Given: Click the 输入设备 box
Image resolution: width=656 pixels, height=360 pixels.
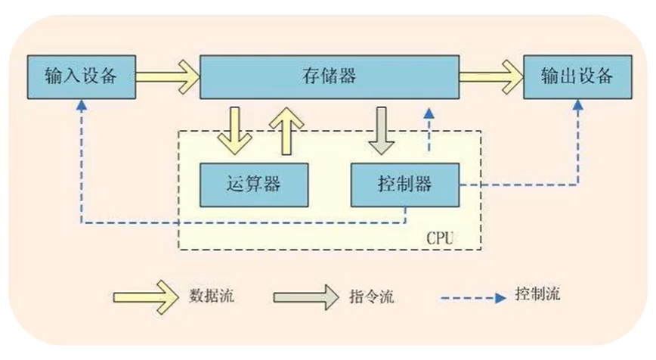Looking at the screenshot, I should pyautogui.click(x=80, y=76).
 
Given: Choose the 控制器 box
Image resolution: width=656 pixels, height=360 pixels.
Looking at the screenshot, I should pyautogui.click(x=404, y=184).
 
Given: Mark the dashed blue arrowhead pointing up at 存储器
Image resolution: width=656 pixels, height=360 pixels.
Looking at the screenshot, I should pyautogui.click(x=429, y=114).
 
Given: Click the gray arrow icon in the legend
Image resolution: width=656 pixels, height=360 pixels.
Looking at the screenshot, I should pyautogui.click(x=305, y=294).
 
